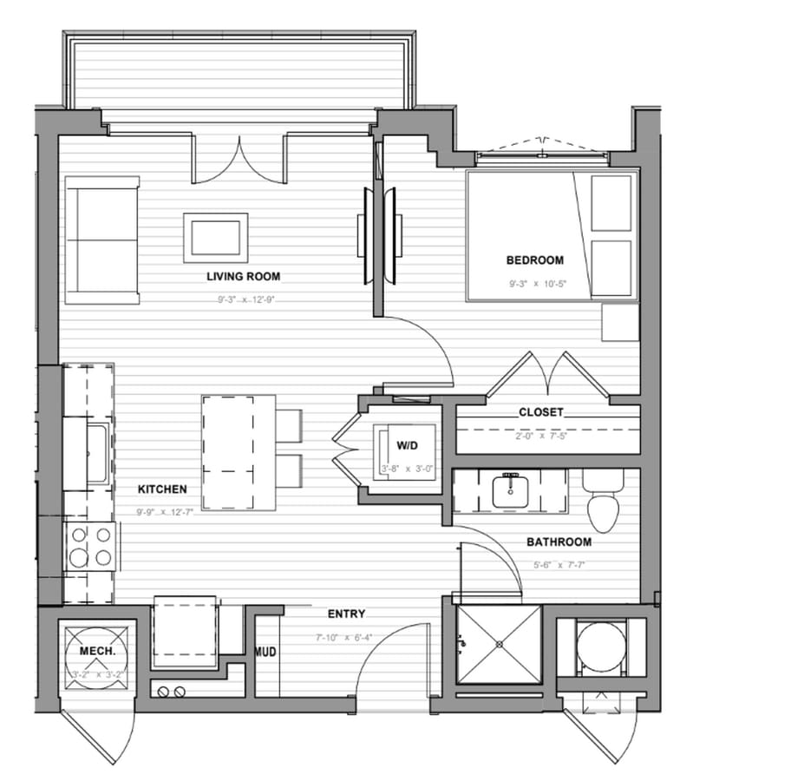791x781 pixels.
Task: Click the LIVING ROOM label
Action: (x=243, y=277)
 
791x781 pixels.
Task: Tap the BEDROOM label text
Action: (x=535, y=259)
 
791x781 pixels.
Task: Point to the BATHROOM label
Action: (x=559, y=542)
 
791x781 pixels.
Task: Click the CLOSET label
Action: (x=540, y=412)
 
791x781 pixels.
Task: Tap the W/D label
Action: (x=408, y=445)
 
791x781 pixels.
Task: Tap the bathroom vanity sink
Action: (x=509, y=491)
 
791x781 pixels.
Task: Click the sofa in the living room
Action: (x=102, y=240)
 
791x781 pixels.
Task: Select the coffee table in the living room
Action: (x=215, y=237)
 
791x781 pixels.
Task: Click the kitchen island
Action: (x=239, y=452)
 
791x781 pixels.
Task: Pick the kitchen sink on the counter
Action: (x=97, y=451)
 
